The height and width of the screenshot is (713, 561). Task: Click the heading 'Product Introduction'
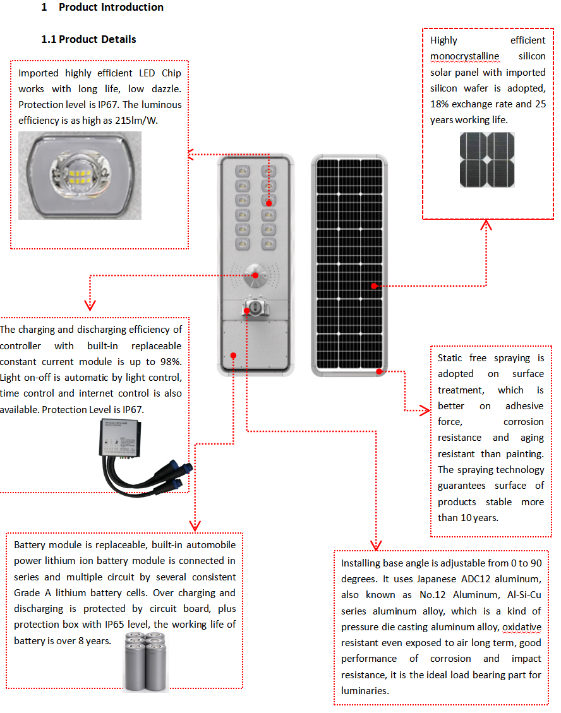[111, 8]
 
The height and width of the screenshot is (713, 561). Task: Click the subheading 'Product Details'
[97, 39]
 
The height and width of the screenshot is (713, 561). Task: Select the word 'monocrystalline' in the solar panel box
[464, 56]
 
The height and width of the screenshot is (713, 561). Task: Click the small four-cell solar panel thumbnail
[486, 160]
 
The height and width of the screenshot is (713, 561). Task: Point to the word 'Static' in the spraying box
[452, 358]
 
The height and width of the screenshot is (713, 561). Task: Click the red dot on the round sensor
[255, 275]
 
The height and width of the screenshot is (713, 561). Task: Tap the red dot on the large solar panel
[373, 286]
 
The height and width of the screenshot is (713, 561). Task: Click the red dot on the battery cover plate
[233, 356]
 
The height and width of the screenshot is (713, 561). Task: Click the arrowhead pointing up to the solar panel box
[486, 225]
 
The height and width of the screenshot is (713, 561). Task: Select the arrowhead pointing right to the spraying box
[425, 411]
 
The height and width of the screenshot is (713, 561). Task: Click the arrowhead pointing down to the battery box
[195, 525]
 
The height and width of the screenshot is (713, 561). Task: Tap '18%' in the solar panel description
[441, 104]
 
